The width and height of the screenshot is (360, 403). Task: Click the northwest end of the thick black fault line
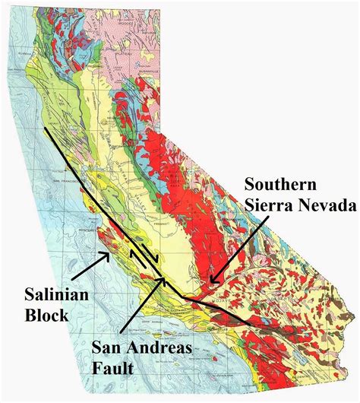[x=44, y=129]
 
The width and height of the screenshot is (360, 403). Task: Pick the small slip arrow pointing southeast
[x=156, y=261]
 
